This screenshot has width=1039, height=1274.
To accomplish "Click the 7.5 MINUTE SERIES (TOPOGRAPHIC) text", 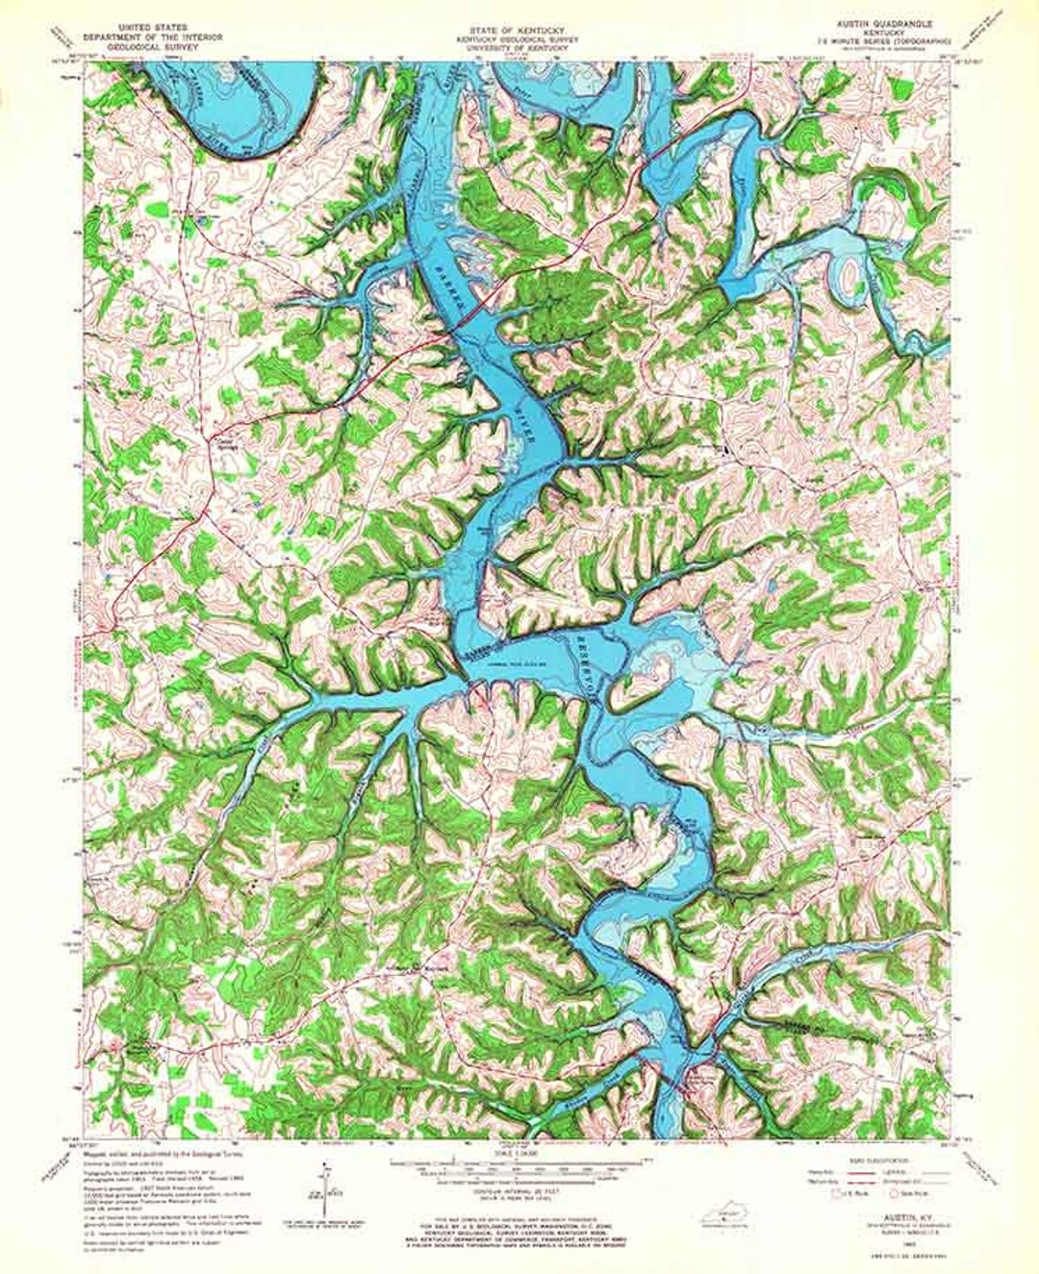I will coord(882,42).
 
